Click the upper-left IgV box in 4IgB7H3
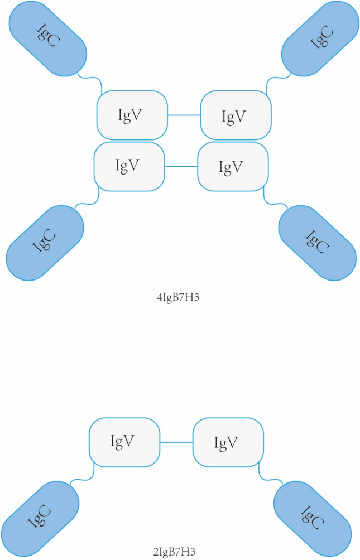(132, 115)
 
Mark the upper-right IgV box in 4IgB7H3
(236, 115)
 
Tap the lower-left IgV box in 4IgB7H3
(129, 166)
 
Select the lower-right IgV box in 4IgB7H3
(233, 166)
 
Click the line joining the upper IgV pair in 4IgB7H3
(184, 115)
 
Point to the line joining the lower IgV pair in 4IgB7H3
(181, 166)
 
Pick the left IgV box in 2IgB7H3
(125, 442)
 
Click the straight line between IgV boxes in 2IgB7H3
(177, 442)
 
